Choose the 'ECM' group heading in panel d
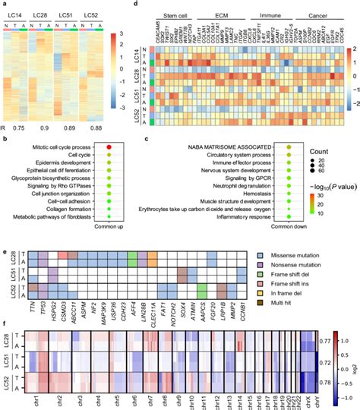(x=212, y=14)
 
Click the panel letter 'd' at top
(x=155, y=5)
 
